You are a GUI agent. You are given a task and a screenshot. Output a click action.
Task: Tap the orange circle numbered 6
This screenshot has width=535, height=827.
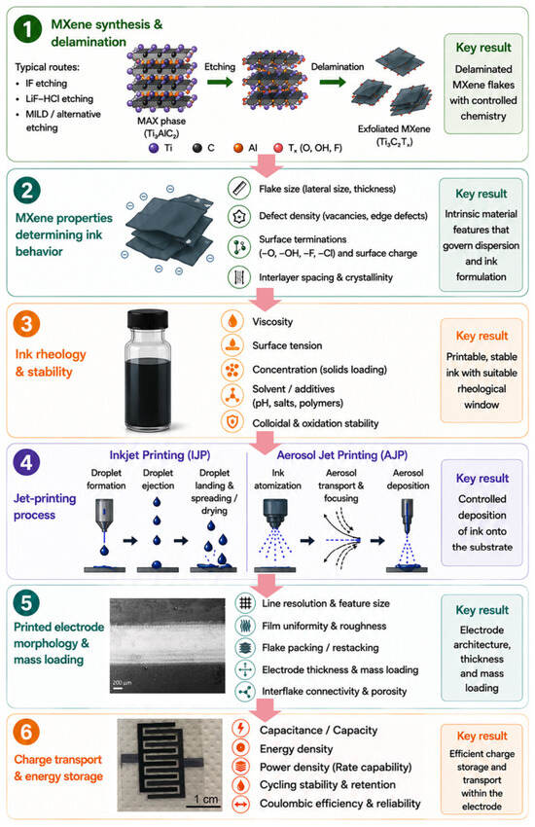coord(26,732)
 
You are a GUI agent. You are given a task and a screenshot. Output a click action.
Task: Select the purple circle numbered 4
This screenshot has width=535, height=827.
coord(26,462)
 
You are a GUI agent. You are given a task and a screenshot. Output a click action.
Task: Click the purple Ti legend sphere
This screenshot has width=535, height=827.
coord(154,148)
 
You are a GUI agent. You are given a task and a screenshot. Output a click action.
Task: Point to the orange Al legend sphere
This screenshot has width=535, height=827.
coord(238,148)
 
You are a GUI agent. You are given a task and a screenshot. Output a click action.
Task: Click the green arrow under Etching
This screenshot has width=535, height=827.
coord(220,82)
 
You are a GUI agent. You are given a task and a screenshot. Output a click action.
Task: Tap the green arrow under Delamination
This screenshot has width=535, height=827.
coord(333,82)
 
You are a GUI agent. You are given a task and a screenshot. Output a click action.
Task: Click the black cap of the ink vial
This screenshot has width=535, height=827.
coord(148,319)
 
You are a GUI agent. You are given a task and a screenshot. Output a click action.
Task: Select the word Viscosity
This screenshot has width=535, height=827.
coord(272,322)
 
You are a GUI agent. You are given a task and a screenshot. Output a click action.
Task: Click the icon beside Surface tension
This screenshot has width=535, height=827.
coord(232,345)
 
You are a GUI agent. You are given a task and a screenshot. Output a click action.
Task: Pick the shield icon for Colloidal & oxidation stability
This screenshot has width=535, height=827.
coord(232,422)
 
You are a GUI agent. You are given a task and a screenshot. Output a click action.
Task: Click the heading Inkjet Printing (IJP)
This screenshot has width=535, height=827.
coord(160,455)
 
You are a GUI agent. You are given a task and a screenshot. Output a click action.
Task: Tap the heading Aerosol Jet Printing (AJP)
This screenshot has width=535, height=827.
coord(342,455)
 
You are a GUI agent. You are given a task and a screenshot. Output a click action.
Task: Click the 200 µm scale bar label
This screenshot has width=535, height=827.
coord(122,682)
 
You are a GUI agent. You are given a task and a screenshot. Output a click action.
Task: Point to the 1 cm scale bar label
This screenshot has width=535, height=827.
coord(205,799)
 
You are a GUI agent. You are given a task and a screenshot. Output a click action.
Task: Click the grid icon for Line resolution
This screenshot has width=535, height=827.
coord(245,603)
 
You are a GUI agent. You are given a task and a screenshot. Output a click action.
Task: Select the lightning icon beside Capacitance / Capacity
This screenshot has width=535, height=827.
coord(241,729)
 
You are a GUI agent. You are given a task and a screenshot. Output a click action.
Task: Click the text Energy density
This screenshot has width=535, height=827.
coord(297,749)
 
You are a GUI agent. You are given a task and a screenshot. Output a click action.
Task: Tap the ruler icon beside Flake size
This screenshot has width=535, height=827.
coord(238,189)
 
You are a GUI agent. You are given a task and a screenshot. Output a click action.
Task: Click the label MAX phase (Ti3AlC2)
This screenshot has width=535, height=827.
coord(161,127)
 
